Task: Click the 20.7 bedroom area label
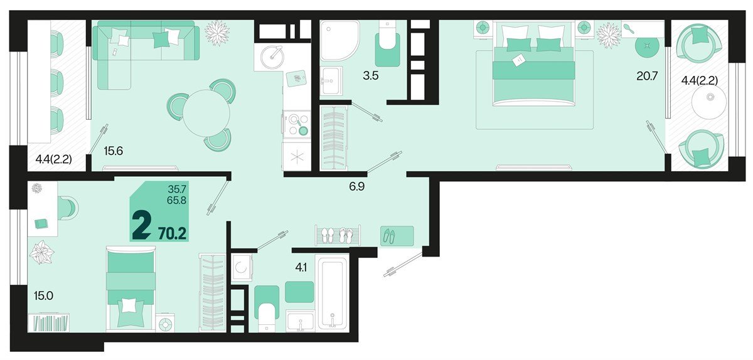[x=647, y=77]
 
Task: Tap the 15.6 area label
[x=114, y=151]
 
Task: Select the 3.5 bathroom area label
[x=370, y=76]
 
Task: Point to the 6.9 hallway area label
[x=356, y=186]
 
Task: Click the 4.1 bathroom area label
[x=301, y=268]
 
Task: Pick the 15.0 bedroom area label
[x=43, y=296]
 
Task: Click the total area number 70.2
[x=172, y=233]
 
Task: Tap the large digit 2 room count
[x=142, y=227]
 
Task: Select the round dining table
[x=206, y=113]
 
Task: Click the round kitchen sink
[x=272, y=57]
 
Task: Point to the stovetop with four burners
[x=296, y=125]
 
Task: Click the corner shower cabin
[x=339, y=41]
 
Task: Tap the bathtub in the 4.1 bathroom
[x=332, y=292]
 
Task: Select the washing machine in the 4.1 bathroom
[x=242, y=267]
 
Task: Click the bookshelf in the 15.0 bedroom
[x=49, y=322]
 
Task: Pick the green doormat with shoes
[x=397, y=236]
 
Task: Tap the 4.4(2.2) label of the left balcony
[x=54, y=159]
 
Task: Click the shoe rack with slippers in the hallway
[x=338, y=235]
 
